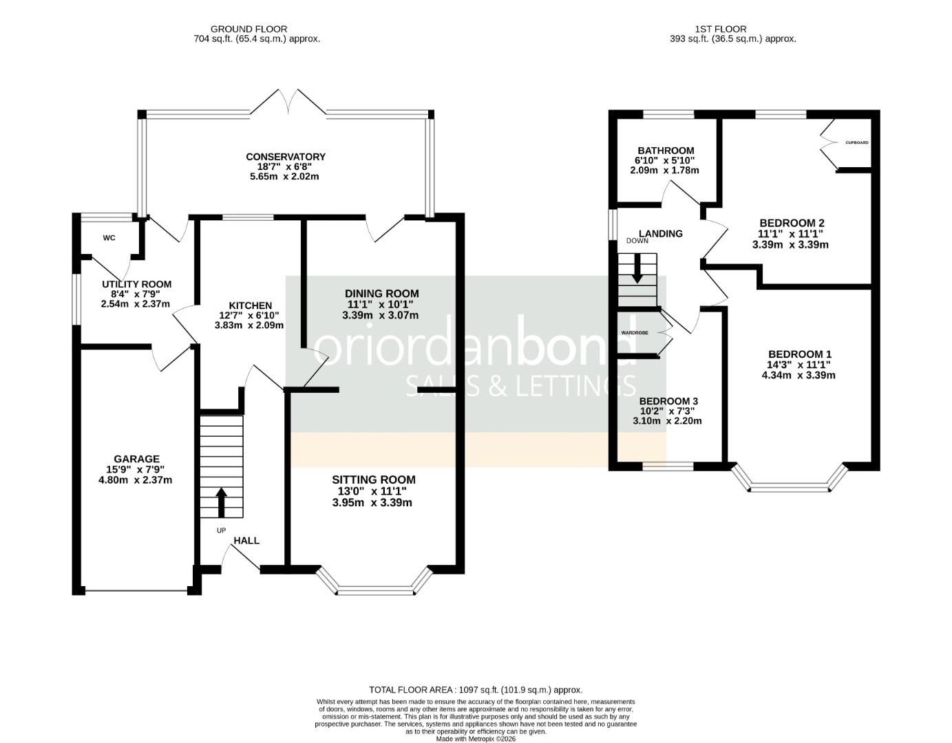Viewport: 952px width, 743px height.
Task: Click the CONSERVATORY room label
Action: tap(286, 157)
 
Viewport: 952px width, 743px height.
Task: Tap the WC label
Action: tap(109, 238)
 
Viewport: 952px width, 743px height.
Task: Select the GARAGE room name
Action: tap(136, 459)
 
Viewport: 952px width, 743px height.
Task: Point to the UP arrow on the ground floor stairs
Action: tap(221, 502)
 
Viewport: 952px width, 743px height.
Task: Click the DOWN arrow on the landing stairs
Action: tap(637, 268)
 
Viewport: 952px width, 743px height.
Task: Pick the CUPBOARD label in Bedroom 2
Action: tap(857, 142)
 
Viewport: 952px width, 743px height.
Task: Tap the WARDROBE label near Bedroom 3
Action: tap(635, 333)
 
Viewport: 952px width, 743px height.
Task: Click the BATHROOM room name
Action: tap(666, 151)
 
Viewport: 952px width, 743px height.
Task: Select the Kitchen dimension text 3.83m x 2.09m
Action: tap(249, 325)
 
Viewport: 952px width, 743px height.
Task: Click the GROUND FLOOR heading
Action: tap(248, 29)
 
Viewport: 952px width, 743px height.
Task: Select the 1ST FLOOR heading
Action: tap(721, 29)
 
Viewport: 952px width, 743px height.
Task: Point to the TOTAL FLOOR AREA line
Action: tap(476, 689)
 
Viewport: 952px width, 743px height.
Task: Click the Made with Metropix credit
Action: tap(476, 739)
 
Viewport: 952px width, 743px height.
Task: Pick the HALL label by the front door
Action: tap(246, 541)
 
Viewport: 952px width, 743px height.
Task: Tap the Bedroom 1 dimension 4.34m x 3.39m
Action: tap(798, 376)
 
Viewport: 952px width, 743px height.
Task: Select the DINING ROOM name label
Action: tap(381, 293)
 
